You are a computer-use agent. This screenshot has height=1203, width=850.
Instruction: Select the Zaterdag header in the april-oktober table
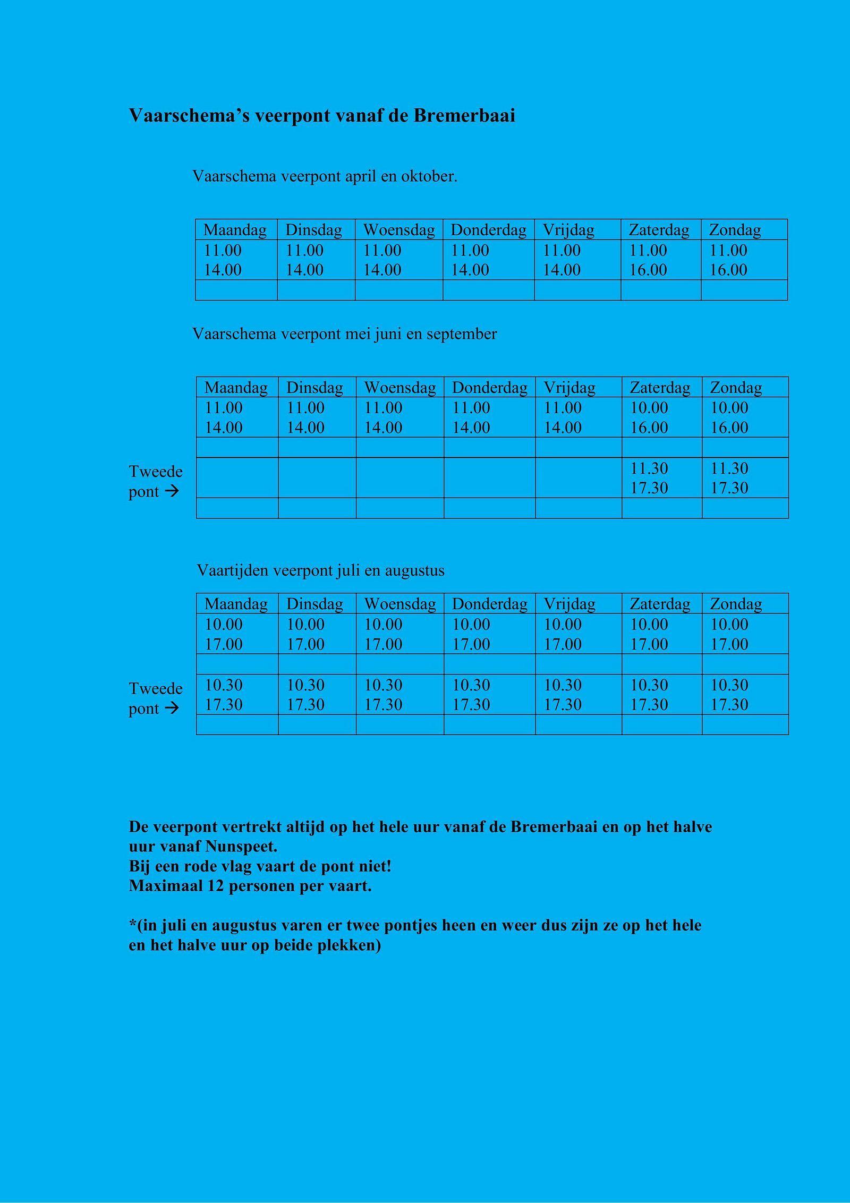(x=659, y=230)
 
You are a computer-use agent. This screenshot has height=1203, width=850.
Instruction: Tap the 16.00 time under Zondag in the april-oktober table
(x=728, y=270)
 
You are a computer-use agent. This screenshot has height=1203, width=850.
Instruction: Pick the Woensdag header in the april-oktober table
(x=398, y=230)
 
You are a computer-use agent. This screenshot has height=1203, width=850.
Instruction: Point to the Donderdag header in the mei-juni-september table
(x=489, y=388)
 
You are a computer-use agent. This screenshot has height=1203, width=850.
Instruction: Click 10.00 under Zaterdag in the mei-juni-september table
(x=649, y=408)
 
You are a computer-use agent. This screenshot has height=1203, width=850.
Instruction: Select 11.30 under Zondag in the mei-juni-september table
(x=729, y=468)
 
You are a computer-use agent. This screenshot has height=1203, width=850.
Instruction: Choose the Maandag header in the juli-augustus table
(x=236, y=604)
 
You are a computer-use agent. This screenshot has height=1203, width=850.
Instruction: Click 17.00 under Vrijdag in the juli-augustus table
(x=563, y=644)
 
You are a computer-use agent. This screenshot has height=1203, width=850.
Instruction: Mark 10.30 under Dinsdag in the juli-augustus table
(x=305, y=685)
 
